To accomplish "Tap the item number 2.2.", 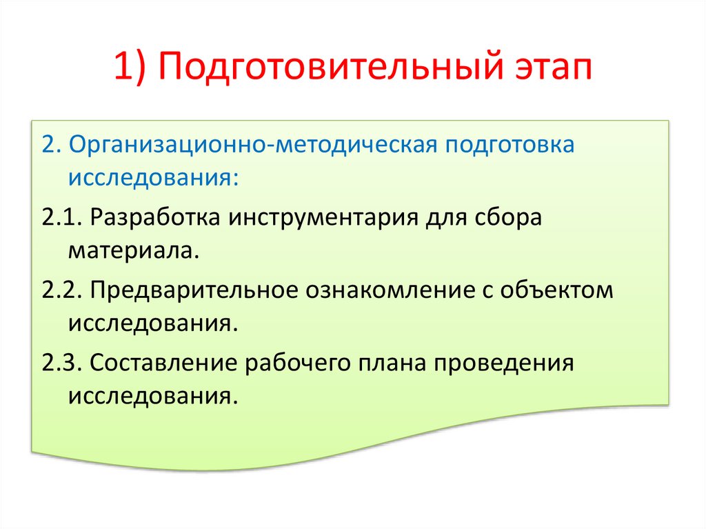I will pos(62,289).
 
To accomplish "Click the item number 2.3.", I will pos(62,363).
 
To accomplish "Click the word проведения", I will pos(504,363).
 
